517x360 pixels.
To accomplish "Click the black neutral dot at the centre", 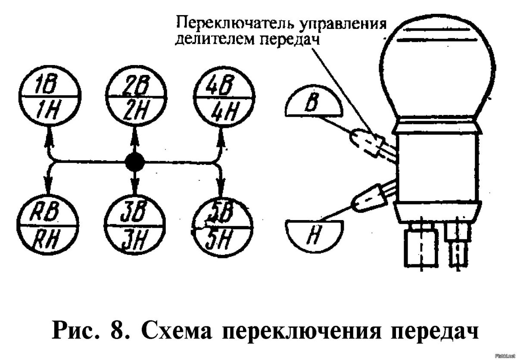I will [x=135, y=162].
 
